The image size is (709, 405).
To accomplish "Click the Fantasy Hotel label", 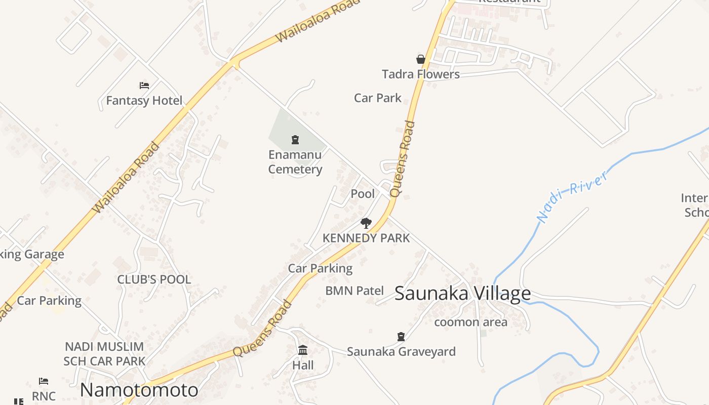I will (x=144, y=101).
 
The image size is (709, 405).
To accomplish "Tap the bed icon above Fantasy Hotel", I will (x=144, y=86).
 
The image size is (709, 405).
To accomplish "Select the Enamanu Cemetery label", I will (x=295, y=162).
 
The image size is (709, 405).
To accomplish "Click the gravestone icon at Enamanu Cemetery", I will (x=295, y=140).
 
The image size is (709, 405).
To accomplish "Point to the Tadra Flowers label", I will (x=420, y=74).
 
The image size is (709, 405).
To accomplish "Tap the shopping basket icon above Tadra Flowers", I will (x=420, y=59).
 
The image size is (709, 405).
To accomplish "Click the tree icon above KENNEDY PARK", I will (x=366, y=223).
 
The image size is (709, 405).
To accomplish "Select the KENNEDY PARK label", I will (x=366, y=238).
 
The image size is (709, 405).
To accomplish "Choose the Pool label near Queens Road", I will (x=363, y=194).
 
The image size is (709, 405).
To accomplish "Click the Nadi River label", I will (x=572, y=197).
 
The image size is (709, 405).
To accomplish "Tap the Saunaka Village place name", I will (x=462, y=294).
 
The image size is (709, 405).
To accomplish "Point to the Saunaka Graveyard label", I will (x=401, y=351).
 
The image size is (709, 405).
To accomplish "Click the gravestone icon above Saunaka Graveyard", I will (x=401, y=336).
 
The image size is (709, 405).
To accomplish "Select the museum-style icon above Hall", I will (x=303, y=350).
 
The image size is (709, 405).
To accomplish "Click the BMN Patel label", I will (x=354, y=291).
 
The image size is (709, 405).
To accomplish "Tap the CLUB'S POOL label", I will (x=154, y=279).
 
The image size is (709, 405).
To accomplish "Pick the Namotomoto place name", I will (x=139, y=390).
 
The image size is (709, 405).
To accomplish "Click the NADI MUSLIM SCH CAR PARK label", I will (x=104, y=354).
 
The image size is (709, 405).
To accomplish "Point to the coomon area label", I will (x=470, y=322).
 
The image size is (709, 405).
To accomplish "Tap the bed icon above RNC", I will (x=44, y=381).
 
